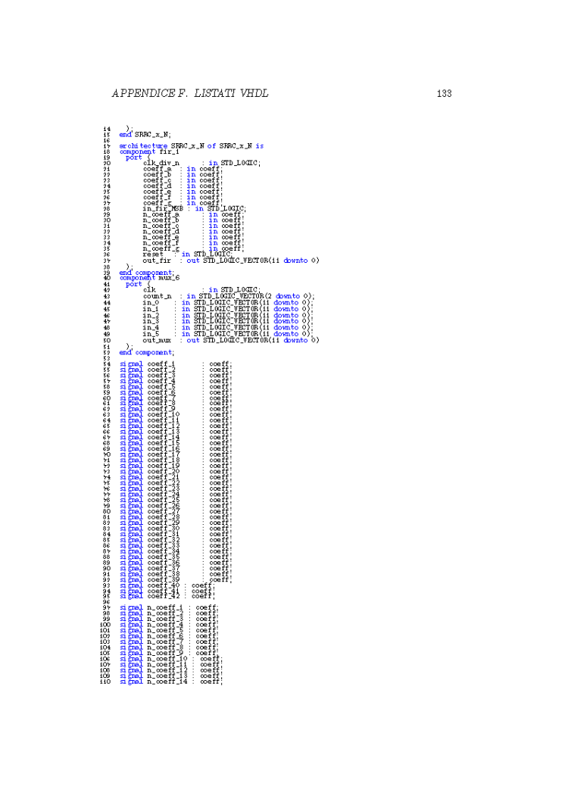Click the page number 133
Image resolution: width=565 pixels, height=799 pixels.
[444, 94]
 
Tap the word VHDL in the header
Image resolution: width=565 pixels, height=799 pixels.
[254, 94]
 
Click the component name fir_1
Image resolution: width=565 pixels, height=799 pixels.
[159, 151]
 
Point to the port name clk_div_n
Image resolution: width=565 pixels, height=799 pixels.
[161, 163]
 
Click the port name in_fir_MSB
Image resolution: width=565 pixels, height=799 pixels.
[163, 208]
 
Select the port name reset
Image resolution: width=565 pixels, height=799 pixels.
[153, 254]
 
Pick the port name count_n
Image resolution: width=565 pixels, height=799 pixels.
[157, 295]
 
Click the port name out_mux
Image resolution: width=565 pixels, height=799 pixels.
[157, 340]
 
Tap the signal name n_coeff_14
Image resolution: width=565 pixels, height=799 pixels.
[168, 681]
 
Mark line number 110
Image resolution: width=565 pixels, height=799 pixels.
[105, 681]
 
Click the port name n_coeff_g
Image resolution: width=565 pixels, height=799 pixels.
[161, 248]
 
